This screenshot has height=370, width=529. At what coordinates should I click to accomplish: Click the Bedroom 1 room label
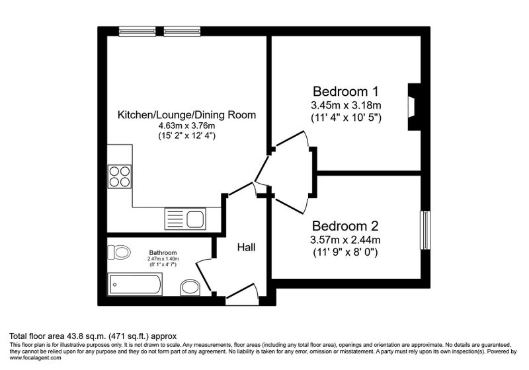[x=345, y=91]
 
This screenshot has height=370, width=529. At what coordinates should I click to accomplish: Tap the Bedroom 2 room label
[x=345, y=226]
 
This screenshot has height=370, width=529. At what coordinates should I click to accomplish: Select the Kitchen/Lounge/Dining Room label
[x=186, y=115]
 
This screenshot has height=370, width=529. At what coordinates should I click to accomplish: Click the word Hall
[x=246, y=247]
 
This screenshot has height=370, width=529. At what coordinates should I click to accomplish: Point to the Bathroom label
[x=163, y=252]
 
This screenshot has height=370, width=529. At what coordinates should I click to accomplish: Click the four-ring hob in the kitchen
[x=120, y=176]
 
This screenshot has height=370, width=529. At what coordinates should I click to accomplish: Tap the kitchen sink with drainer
[x=185, y=219]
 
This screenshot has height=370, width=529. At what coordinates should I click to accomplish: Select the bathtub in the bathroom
[x=135, y=284]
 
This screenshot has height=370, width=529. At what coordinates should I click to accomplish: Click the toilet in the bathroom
[x=119, y=252]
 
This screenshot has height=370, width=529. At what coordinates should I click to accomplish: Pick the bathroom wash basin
[x=190, y=288]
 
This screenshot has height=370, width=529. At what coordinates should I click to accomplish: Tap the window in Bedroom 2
[x=425, y=230]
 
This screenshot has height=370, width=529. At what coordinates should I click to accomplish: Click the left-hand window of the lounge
[x=138, y=31]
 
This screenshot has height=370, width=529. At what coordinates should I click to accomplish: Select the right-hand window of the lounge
[x=183, y=31]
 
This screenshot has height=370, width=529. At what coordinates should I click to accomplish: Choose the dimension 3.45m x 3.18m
[x=346, y=106]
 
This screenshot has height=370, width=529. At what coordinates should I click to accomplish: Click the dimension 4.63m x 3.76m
[x=187, y=126]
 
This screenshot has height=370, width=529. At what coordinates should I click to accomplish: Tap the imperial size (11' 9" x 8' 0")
[x=345, y=252]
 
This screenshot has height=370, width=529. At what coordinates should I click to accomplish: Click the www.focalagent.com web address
[x=36, y=358]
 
